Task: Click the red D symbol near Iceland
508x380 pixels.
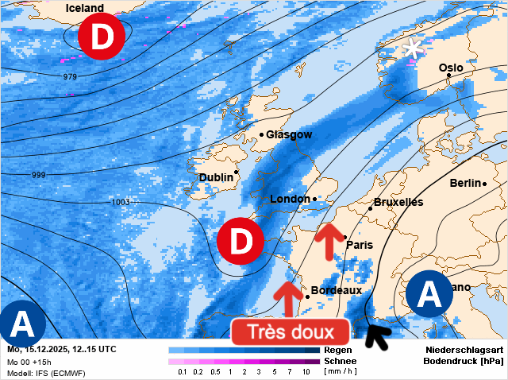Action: [101, 37]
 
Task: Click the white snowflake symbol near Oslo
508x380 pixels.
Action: [412, 48]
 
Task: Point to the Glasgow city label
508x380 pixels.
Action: [289, 134]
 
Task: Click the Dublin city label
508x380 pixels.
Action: [215, 177]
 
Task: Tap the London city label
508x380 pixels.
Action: [290, 199]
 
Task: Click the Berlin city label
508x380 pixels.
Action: [466, 183]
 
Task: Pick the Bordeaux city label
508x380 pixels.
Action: [337, 290]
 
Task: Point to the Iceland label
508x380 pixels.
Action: [85, 8]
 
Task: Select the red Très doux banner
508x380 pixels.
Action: [291, 332]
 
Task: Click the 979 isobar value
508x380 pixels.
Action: [70, 76]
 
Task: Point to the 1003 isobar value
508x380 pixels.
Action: [121, 202]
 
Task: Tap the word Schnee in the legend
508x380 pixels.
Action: [340, 361]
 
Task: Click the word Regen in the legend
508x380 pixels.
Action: [338, 350]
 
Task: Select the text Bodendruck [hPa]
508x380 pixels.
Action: [464, 361]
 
